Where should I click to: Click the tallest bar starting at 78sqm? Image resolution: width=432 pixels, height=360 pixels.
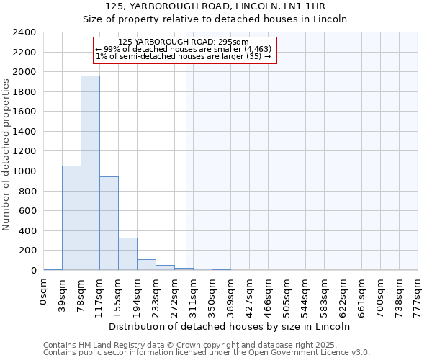tap(90, 173)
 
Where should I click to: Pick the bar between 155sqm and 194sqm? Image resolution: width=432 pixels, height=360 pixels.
tap(127, 253)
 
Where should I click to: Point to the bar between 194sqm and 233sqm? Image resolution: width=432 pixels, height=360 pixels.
tap(146, 264)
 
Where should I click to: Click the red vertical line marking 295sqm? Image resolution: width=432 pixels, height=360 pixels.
tap(186, 158)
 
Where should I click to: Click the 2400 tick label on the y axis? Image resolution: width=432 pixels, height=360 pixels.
tap(24, 32)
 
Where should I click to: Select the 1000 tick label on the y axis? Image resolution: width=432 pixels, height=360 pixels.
tap(24, 171)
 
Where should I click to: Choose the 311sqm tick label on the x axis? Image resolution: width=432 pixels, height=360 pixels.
tap(194, 294)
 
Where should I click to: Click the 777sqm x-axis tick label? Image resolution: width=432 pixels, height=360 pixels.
tap(418, 294)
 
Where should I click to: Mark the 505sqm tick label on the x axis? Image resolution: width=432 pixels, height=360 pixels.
tap(287, 294)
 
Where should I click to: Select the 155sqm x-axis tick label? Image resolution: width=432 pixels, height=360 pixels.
tap(119, 294)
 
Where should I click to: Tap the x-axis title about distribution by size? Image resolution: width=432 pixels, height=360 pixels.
tap(230, 326)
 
